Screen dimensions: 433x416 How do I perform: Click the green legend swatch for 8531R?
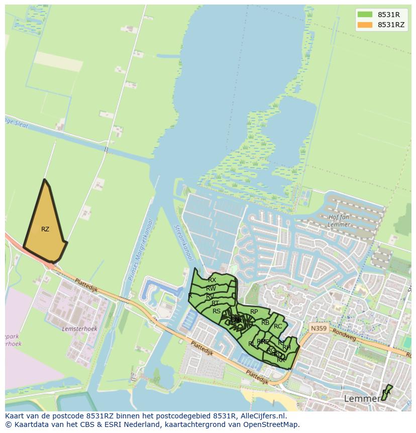pyautogui.click(x=365, y=14)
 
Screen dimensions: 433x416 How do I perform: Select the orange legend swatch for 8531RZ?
pyautogui.click(x=365, y=25)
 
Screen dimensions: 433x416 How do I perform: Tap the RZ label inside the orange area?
pyautogui.click(x=45, y=229)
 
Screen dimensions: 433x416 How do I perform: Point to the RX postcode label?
pyautogui.click(x=212, y=280)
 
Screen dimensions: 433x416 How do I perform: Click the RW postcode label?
pyautogui.click(x=211, y=289)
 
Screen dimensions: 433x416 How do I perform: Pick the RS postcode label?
pyautogui.click(x=217, y=311)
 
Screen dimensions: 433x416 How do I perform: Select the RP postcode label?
pyautogui.click(x=254, y=312)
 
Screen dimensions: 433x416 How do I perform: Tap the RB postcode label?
pyautogui.click(x=265, y=323)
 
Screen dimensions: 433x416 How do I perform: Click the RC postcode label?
pyautogui.click(x=278, y=326)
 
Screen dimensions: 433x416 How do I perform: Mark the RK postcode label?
pyautogui.click(x=281, y=360)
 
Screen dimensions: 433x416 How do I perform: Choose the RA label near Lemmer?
pyautogui.click(x=386, y=392)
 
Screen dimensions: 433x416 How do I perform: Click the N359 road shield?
pyautogui.click(x=318, y=327)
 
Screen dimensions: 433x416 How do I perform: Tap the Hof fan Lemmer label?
pyautogui.click(x=339, y=221)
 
